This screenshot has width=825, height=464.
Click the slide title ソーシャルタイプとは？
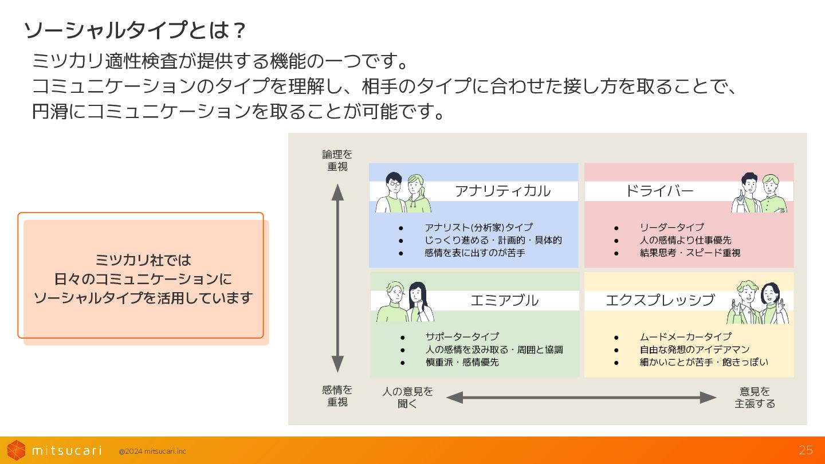(x=135, y=30)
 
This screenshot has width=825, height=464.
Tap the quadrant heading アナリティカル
(x=502, y=191)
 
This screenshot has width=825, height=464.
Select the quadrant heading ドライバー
(x=659, y=191)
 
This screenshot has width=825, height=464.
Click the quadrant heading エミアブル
(x=504, y=300)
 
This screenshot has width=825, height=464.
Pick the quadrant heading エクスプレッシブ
(x=660, y=300)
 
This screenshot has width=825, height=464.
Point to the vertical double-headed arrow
(x=337, y=278)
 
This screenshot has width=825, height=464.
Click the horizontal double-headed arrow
(x=581, y=397)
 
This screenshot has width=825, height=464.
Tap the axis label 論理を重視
(x=337, y=160)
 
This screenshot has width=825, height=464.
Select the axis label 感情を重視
(x=337, y=396)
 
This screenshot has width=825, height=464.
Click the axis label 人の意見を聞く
(x=407, y=397)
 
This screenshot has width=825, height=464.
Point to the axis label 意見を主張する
(x=755, y=397)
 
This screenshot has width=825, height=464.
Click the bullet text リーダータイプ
(x=671, y=227)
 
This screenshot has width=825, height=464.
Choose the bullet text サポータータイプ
(x=461, y=337)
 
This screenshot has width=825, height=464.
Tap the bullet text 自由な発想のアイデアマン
(x=694, y=349)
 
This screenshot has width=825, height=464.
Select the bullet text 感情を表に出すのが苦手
(x=474, y=253)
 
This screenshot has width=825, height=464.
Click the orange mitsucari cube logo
(x=16, y=450)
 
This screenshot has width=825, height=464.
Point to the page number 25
(x=806, y=450)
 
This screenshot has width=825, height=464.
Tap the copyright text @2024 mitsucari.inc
(x=152, y=451)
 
